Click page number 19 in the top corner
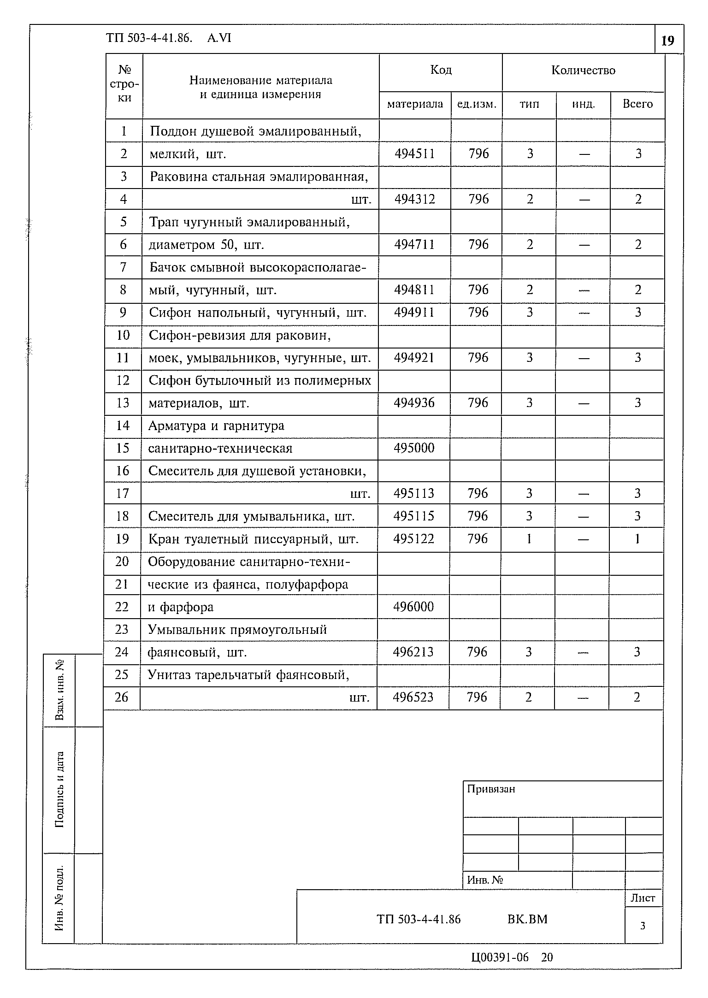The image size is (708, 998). [x=667, y=41]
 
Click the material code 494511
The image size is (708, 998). [x=414, y=154]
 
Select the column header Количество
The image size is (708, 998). [x=583, y=70]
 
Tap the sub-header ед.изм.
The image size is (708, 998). [x=477, y=104]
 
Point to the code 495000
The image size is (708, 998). [x=413, y=448]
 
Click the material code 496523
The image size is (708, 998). [x=413, y=697]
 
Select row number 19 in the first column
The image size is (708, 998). [x=122, y=539]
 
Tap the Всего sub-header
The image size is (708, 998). [x=637, y=104]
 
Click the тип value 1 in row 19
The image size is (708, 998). [x=529, y=539]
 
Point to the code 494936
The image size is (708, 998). [x=413, y=403]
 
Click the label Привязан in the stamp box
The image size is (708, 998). [x=491, y=789]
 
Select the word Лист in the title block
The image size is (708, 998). [x=643, y=898]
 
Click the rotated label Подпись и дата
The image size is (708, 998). [x=59, y=789]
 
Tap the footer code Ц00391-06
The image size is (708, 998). [x=500, y=958]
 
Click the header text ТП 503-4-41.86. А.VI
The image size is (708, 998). [x=169, y=38]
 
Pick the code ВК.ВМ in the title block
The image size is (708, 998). [x=527, y=919]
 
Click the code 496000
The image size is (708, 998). [x=413, y=607]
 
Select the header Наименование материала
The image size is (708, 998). [x=260, y=81]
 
